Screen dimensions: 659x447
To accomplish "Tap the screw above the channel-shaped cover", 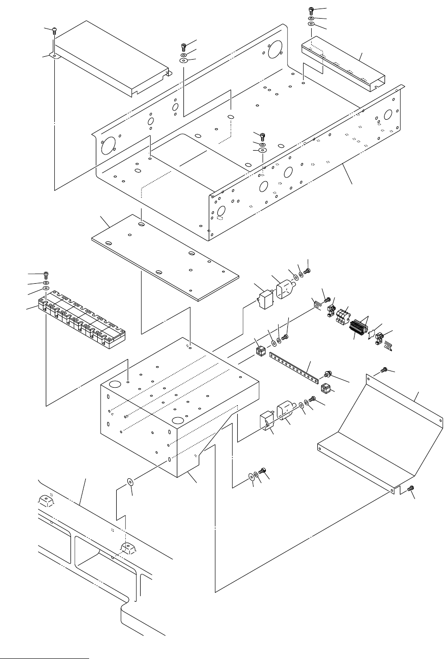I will (311, 10).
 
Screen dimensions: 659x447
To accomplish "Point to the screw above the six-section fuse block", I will (46, 275).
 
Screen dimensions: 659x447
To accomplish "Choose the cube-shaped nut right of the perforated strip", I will (326, 388).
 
